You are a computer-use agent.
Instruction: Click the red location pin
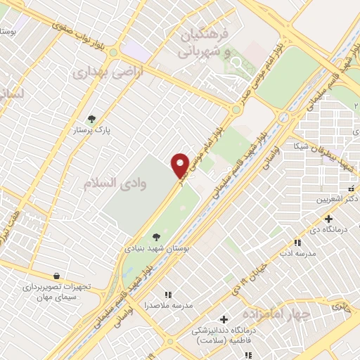tap(180, 165)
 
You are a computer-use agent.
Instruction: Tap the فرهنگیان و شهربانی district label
tap(204, 42)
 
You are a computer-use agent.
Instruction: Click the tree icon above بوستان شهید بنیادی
tap(155, 238)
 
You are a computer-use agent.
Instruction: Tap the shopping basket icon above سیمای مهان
tap(57, 276)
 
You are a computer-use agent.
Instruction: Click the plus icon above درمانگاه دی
tap(328, 219)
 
